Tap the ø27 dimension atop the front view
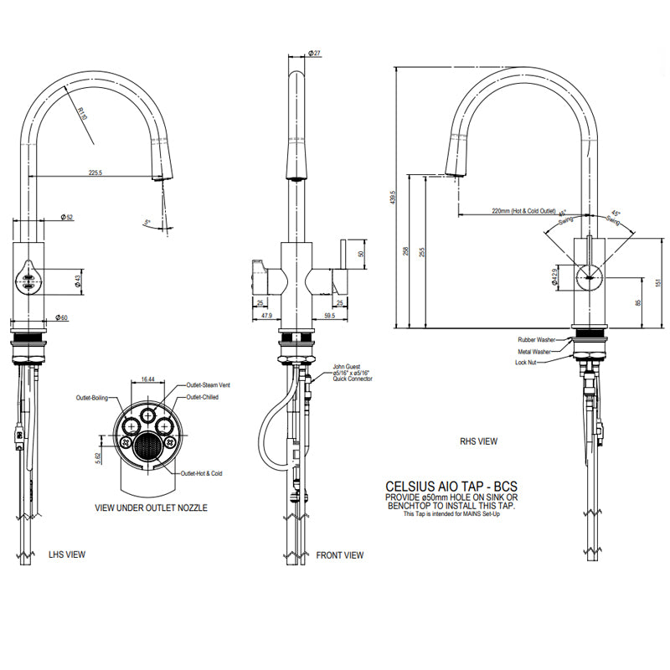tap(316, 54)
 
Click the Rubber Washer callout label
tap(535, 339)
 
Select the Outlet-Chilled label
tap(202, 397)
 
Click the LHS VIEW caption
tap(66, 554)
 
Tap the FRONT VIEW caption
tap(340, 554)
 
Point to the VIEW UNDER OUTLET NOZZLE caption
tap(151, 508)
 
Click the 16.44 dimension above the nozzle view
tap(147, 379)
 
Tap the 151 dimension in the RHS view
tap(657, 282)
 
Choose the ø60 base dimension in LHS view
tap(61, 317)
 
